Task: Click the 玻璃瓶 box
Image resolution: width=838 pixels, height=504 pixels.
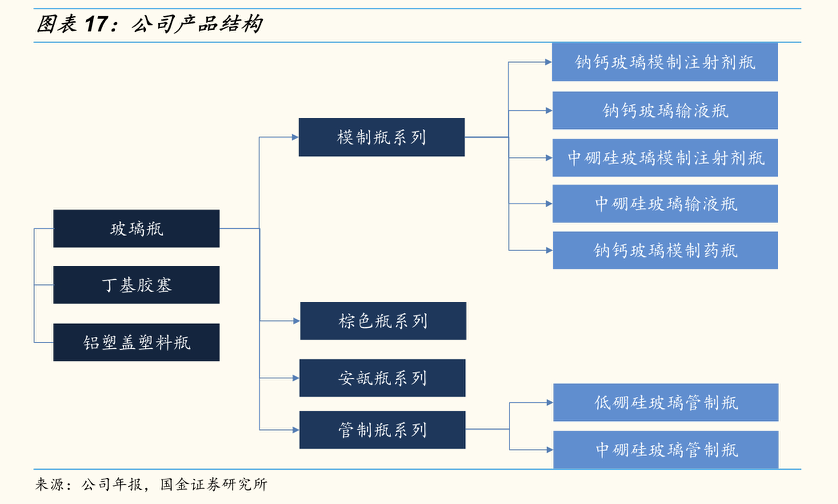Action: pos(136,229)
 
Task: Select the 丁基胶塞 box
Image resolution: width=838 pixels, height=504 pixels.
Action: pos(136,285)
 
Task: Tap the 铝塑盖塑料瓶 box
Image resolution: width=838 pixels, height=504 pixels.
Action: pos(136,342)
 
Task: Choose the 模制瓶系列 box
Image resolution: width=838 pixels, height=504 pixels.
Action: pos(382,137)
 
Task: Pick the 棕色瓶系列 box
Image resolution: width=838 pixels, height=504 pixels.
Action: pos(383,321)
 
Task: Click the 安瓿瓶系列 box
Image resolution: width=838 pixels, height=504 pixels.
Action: pos(382,378)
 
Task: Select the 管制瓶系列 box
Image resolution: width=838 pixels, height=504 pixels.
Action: pos(382,430)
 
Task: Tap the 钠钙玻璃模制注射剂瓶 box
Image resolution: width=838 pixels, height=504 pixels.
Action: pos(665,62)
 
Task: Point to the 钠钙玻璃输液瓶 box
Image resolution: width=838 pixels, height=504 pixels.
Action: pos(665,111)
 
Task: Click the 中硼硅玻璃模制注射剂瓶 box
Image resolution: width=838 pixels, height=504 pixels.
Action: pos(665,158)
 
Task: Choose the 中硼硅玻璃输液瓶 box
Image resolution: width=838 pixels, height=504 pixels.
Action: pos(665,204)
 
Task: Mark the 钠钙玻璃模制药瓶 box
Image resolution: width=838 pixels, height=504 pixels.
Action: pos(665,250)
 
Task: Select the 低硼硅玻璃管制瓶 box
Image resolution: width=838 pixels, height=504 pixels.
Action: pos(665,402)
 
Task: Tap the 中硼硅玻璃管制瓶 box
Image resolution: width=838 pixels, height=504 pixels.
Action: pos(665,449)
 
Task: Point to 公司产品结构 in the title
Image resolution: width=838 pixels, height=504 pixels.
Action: pos(197,24)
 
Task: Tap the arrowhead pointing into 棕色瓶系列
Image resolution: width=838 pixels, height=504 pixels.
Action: pos(296,321)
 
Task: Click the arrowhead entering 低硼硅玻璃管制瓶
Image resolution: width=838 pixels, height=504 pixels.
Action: pos(549,402)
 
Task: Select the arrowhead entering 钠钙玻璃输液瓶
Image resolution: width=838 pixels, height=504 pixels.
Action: pos(549,111)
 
